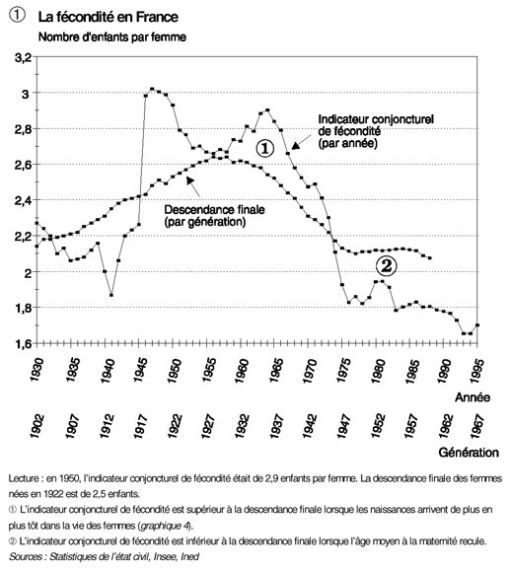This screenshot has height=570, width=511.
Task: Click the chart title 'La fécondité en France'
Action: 108,17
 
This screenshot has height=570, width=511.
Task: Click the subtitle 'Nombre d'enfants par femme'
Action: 112,37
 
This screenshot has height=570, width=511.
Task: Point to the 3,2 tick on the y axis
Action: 24,57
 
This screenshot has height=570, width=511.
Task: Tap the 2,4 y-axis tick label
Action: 24,200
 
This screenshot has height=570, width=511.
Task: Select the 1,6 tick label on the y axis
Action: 24,344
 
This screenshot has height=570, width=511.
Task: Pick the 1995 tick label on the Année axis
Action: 476,370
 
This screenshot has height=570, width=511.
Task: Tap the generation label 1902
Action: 37,426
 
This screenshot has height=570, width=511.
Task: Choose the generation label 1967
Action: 476,426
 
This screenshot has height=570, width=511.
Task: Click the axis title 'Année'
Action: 473,397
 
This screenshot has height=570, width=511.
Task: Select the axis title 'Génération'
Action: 469,453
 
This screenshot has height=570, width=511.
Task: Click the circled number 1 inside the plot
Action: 264,149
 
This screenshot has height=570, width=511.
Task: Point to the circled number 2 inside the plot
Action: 386,266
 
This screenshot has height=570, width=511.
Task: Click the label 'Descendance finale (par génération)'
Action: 214,216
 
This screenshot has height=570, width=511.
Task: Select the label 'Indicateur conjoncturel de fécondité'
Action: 376,125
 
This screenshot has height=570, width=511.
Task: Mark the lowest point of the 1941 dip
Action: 111,295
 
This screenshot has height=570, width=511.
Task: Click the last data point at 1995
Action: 477,325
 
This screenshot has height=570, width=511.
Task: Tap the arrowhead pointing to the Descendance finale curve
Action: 189,179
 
